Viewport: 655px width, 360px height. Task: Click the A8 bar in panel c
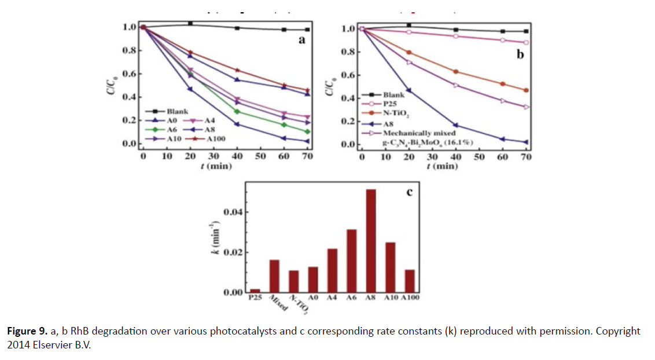(x=371, y=241)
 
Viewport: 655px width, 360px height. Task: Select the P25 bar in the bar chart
(x=255, y=291)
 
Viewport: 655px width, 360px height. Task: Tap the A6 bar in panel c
(x=352, y=261)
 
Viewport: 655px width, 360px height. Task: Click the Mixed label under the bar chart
(x=278, y=303)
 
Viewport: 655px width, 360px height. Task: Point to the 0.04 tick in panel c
(x=233, y=212)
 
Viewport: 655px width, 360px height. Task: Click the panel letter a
(x=302, y=40)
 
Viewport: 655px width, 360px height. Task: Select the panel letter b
(x=520, y=55)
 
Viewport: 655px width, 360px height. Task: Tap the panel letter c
(x=409, y=192)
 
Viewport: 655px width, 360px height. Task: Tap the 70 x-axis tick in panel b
(x=525, y=157)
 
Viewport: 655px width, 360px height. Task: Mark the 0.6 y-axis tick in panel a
(x=130, y=74)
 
